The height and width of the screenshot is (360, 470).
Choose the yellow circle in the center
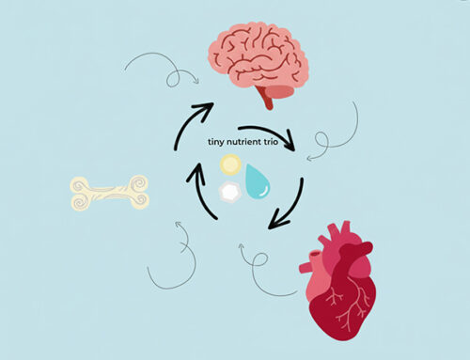point(228,166)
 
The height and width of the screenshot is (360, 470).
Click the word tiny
point(217,143)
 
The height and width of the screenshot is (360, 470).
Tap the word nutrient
point(248,143)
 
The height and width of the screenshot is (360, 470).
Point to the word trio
point(280,143)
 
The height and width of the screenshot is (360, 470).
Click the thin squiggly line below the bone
point(174,254)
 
